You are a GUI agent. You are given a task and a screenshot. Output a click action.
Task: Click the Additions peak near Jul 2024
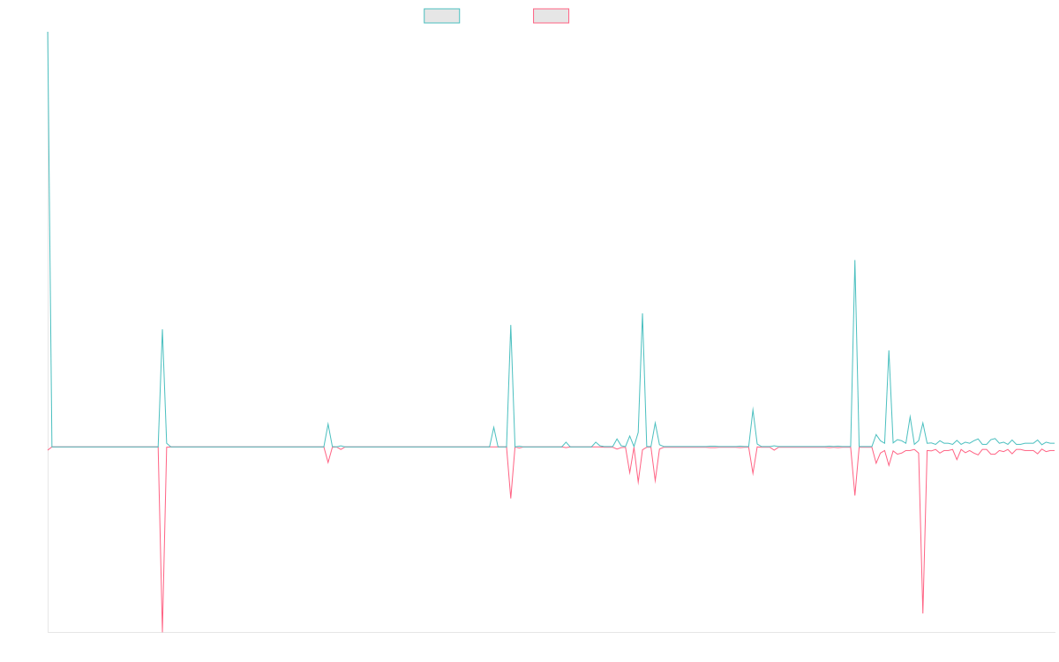855,260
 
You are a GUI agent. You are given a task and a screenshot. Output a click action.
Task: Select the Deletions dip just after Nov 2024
923,612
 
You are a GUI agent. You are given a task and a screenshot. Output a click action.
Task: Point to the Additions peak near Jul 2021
162,330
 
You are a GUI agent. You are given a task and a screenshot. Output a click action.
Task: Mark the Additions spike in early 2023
511,326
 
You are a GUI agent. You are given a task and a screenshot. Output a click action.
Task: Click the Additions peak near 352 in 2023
642,314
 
